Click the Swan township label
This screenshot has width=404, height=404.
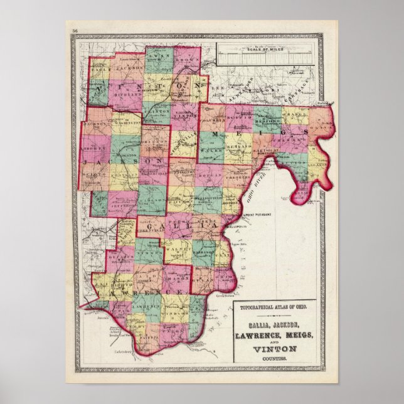click(156, 55)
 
